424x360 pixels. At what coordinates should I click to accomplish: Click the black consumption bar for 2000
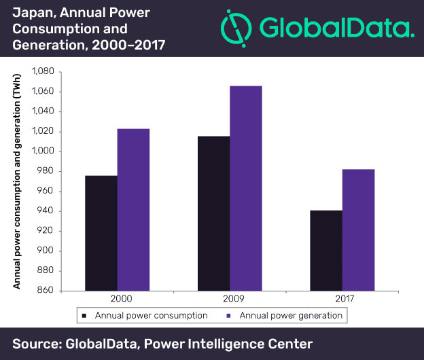pyautogui.click(x=101, y=233)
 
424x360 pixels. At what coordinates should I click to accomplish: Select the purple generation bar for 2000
pyautogui.click(x=133, y=209)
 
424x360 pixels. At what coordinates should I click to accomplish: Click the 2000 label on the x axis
pyautogui.click(x=117, y=299)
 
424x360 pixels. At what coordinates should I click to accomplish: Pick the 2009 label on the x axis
pyautogui.click(x=230, y=299)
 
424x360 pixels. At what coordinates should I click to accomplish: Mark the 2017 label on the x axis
pyautogui.click(x=342, y=299)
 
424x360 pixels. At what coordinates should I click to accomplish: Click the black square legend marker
pyautogui.click(x=84, y=316)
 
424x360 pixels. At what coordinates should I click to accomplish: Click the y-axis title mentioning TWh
pyautogui.click(x=18, y=179)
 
